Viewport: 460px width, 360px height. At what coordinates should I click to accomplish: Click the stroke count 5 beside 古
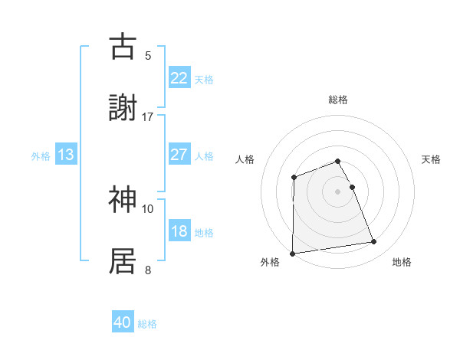148,55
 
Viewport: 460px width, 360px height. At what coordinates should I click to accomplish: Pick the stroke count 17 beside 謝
148,116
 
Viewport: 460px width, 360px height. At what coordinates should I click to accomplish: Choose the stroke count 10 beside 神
148,208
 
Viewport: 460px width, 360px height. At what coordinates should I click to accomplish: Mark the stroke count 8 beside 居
148,270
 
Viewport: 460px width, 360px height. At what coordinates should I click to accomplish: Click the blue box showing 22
179,78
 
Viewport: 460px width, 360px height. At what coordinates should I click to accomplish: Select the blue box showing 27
179,155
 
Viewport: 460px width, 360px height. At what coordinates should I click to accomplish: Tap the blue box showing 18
179,231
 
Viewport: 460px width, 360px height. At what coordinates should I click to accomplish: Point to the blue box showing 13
66,155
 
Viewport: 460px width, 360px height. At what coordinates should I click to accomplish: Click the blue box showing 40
123,323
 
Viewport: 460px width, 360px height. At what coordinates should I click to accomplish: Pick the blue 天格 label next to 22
204,80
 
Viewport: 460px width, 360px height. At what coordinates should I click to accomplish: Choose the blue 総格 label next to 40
147,325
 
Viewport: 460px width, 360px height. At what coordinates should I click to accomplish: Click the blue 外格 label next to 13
41,156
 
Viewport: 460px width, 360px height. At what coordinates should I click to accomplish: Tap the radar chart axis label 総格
338,100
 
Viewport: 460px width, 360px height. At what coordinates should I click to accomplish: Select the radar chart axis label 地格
402,263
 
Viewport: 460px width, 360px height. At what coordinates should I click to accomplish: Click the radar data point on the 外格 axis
292,254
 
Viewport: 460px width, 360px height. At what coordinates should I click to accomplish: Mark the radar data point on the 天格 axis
352,187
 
